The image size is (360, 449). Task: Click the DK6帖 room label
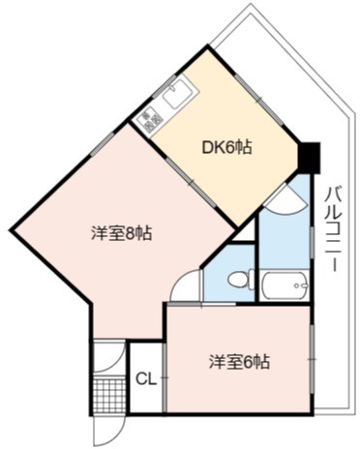coord(226,147)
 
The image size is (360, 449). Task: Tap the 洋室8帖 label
coord(122,233)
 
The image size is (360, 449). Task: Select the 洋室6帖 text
coord(239,361)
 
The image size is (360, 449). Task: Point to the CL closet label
coord(146,379)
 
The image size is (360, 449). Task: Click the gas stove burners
coord(149,118)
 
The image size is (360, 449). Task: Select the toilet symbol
coord(241,279)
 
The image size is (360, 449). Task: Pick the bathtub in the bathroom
coord(284,285)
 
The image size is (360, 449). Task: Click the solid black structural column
coord(309,157)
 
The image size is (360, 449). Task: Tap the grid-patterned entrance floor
coord(109,395)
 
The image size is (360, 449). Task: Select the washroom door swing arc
coord(286,204)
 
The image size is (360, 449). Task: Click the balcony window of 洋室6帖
coord(312,359)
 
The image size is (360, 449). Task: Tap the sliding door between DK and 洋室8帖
coord(191,182)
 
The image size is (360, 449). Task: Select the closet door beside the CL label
coord(165,377)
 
